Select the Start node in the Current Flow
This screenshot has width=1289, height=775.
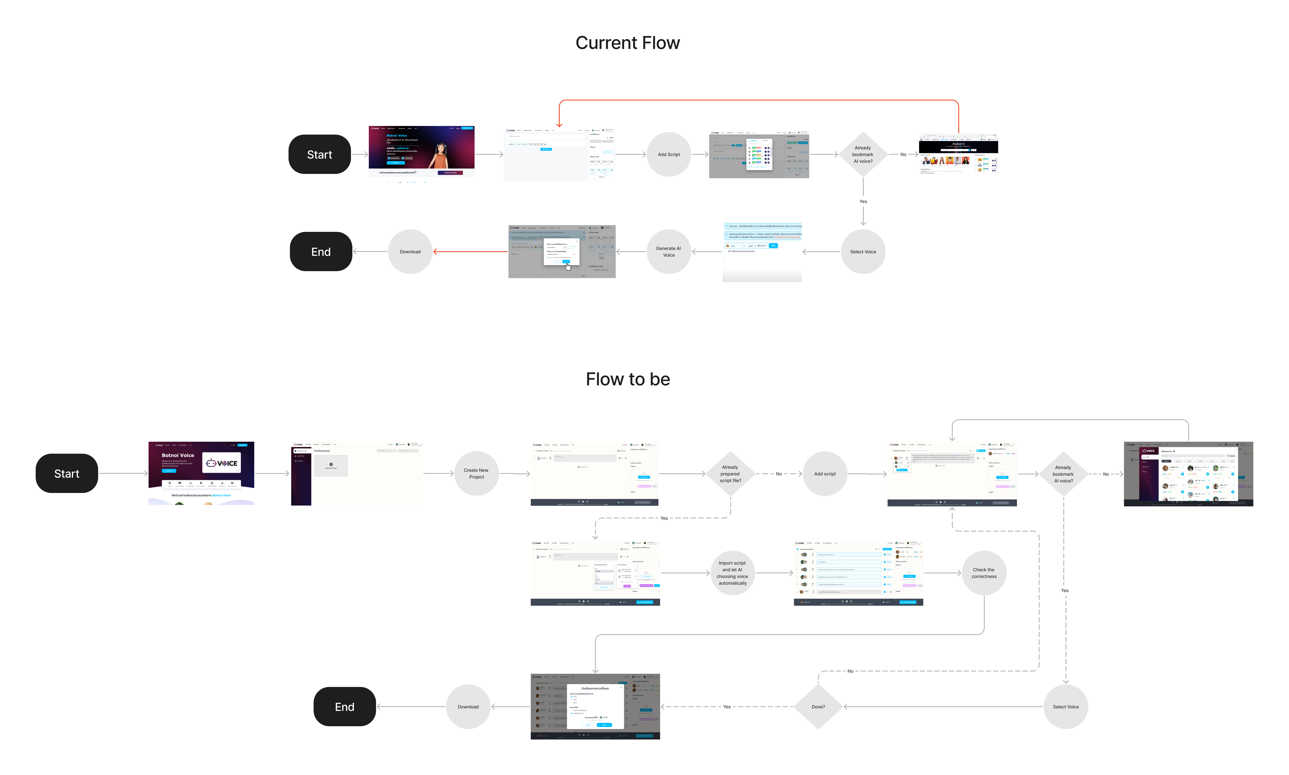(x=319, y=155)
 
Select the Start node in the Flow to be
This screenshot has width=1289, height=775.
(x=67, y=474)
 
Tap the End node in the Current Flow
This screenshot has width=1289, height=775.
(x=321, y=252)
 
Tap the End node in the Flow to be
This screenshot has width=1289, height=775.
(x=344, y=707)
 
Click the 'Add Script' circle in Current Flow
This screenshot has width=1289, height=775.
(x=668, y=155)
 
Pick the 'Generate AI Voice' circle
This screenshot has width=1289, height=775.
(x=668, y=252)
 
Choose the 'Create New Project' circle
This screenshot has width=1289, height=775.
(x=476, y=474)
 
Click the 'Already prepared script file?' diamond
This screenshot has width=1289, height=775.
(x=730, y=474)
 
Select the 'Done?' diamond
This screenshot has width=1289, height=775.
(x=818, y=707)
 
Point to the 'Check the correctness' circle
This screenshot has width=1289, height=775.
(x=984, y=573)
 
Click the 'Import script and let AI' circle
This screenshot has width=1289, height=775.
(x=732, y=573)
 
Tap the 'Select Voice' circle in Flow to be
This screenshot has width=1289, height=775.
(x=1065, y=707)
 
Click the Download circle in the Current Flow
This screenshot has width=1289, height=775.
(x=410, y=252)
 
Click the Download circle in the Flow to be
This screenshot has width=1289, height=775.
(x=468, y=707)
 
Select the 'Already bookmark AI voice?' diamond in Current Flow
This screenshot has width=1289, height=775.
(x=863, y=155)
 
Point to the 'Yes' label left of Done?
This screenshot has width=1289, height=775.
(x=726, y=707)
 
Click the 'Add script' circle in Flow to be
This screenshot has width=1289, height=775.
(x=825, y=474)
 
